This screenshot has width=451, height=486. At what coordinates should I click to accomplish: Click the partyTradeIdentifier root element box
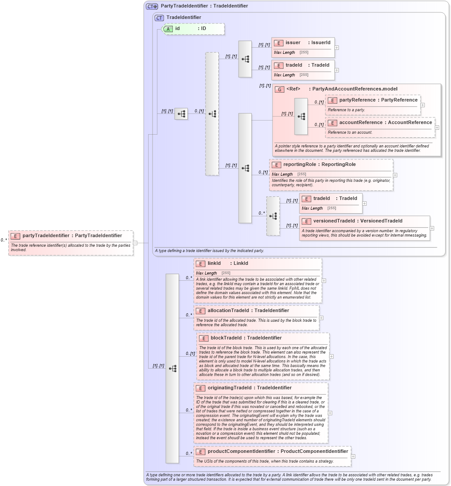(x=71, y=242)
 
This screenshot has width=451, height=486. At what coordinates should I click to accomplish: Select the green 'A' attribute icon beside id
(x=168, y=29)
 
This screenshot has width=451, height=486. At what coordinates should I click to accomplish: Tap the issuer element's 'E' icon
(x=278, y=43)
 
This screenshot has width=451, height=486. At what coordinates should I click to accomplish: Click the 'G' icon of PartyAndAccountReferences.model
(x=279, y=89)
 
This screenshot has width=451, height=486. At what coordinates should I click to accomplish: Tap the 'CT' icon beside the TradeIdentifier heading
(x=159, y=18)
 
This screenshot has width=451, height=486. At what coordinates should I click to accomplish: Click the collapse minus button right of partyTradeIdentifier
(x=135, y=242)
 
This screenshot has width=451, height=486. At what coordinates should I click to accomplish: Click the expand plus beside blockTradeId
(x=332, y=356)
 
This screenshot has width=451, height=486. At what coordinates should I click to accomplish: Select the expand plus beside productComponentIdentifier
(x=353, y=456)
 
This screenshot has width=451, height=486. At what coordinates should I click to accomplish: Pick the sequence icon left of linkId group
(x=172, y=368)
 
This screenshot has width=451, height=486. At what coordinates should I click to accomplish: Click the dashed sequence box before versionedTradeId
(x=273, y=216)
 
